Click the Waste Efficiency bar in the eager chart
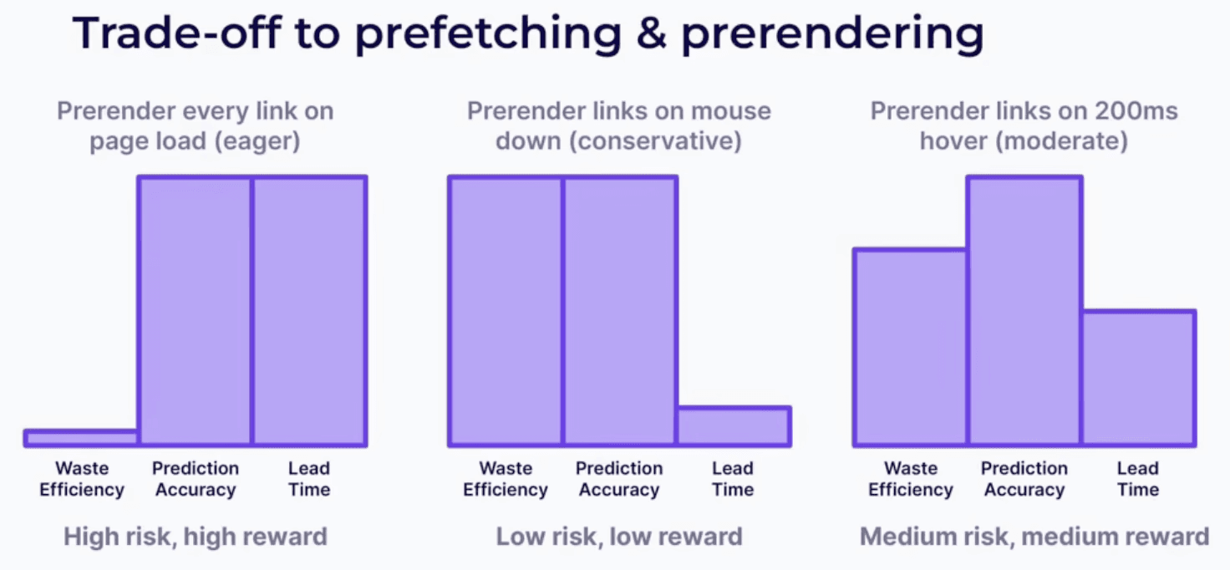point(81,438)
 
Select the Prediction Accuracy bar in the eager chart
point(195,311)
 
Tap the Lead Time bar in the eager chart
point(309,311)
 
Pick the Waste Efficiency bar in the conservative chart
point(506,311)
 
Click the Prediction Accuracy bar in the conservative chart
point(619,311)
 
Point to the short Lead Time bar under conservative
point(733,426)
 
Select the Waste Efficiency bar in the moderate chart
point(910,347)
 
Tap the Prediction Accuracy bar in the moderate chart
point(1024,311)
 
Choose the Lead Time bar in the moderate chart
point(1138,378)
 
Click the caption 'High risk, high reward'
point(195,536)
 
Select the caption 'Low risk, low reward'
point(619,536)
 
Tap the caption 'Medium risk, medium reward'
point(1034,536)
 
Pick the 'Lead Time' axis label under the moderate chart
point(1138,479)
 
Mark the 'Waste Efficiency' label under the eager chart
point(81,479)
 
